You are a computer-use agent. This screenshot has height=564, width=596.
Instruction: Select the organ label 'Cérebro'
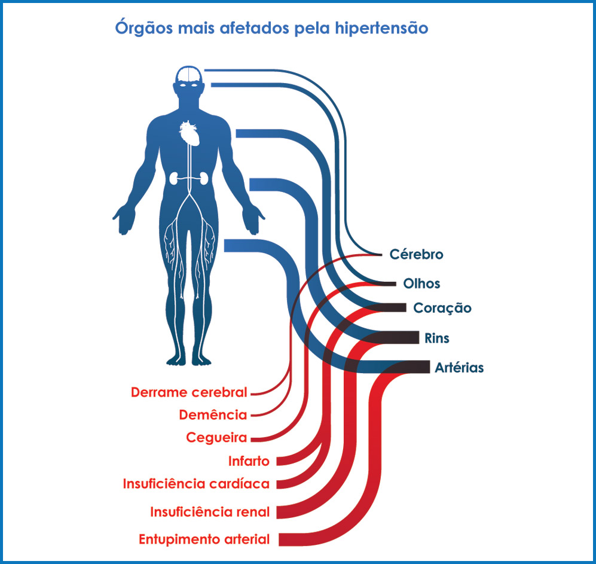417,254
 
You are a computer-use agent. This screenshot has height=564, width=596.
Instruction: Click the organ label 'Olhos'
422,283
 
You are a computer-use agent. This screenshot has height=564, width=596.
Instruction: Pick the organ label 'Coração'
442,309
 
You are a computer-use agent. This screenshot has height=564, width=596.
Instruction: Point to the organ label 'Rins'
437,339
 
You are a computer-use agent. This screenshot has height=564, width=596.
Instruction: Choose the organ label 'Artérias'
460,368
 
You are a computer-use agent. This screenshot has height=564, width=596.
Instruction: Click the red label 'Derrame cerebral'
189,393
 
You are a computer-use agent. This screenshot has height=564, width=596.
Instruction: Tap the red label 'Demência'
213,415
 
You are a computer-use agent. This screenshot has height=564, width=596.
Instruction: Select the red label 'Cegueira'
216,438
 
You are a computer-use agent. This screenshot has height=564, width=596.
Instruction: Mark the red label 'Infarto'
249,461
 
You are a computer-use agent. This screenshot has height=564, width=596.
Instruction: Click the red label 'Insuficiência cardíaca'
196,483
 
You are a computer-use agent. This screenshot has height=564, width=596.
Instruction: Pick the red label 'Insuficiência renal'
210,512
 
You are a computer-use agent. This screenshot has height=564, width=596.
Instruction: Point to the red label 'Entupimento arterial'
204,539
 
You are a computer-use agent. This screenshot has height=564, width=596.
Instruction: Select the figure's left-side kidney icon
174,178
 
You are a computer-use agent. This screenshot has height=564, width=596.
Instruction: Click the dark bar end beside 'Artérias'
412,367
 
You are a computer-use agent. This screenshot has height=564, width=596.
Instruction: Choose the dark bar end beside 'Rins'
401,338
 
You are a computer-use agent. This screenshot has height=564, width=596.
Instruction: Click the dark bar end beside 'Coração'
389,308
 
